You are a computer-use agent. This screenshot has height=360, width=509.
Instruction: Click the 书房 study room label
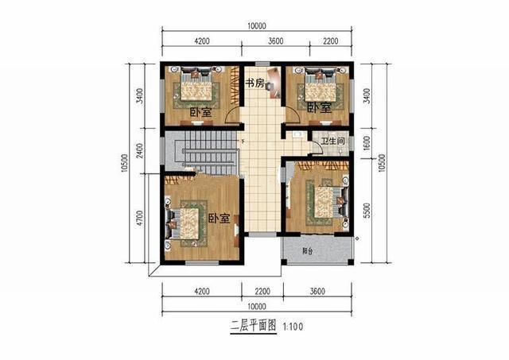pyautogui.click(x=254, y=83)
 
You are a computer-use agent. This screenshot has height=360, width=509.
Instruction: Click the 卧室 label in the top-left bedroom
pyautogui.click(x=200, y=112)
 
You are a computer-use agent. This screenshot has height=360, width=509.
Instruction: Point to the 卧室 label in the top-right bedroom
pyautogui.click(x=319, y=107)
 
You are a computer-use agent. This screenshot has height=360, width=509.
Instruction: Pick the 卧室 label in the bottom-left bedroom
pyautogui.click(x=220, y=219)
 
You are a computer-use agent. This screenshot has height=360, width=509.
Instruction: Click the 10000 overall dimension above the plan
pyautogui.click(x=257, y=26)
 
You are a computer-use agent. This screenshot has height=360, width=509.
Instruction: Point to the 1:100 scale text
pyautogui.click(x=291, y=326)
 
